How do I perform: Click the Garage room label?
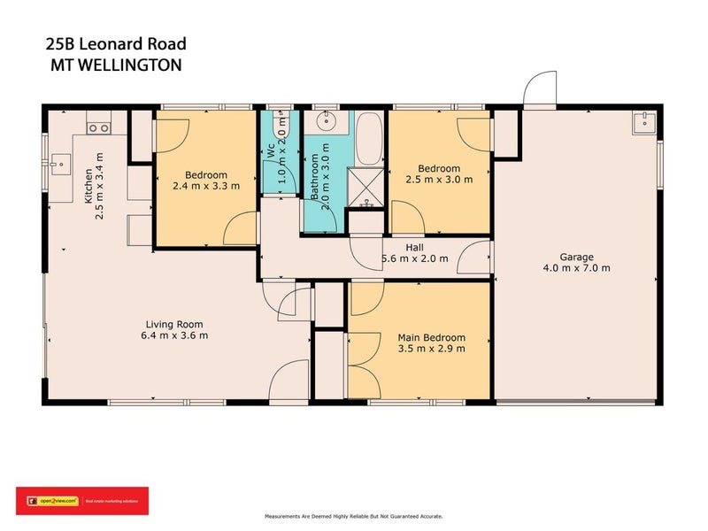tap(577, 257)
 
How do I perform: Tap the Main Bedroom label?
tap(432, 337)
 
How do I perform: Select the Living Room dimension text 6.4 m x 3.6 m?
tap(174, 335)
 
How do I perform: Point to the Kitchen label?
tap(88, 185)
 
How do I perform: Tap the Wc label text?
tap(271, 152)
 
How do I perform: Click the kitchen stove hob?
tap(99, 127)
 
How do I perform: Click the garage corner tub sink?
tap(644, 121)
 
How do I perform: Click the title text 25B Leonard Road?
tap(115, 43)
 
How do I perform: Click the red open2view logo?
tap(81, 501)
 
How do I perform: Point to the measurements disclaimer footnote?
tap(354, 516)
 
